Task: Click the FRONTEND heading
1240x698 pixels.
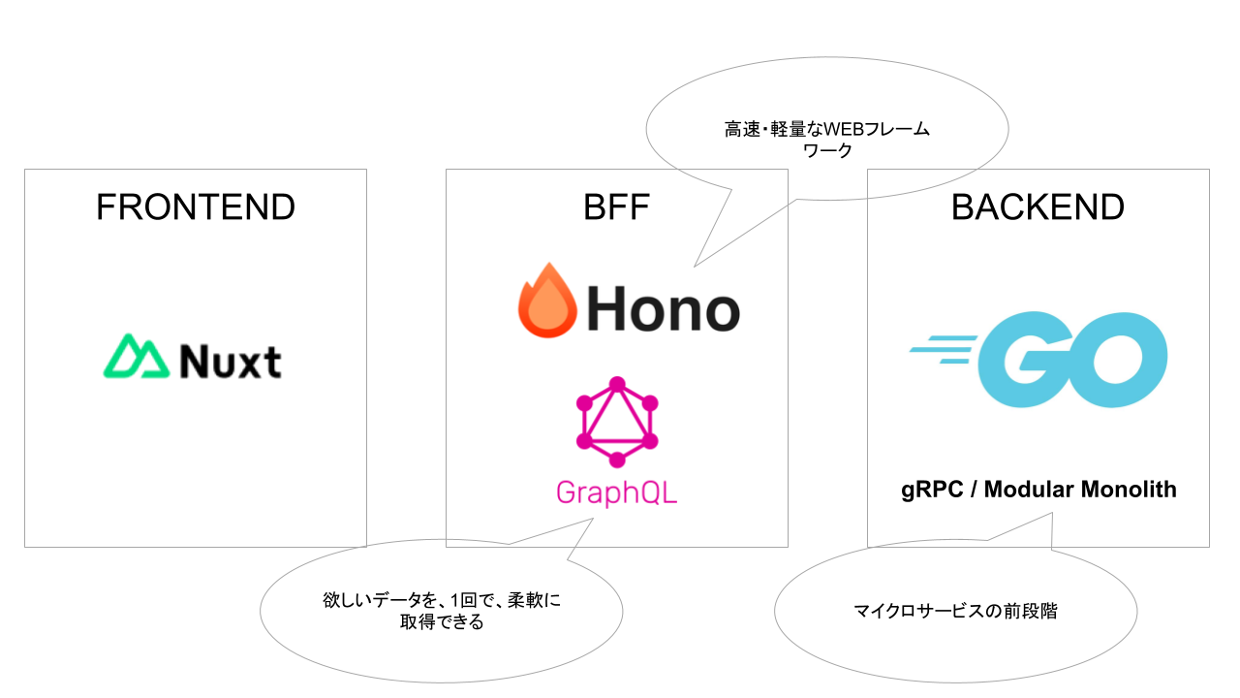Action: pyautogui.click(x=195, y=206)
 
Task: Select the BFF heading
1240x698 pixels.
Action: pyautogui.click(x=616, y=206)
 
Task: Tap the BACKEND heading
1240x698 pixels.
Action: pyautogui.click(x=1038, y=206)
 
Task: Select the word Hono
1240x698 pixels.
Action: pyautogui.click(x=663, y=309)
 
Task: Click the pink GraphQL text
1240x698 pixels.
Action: pyautogui.click(x=616, y=492)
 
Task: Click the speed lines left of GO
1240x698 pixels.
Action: pyautogui.click(x=942, y=349)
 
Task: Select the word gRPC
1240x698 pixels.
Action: pyautogui.click(x=931, y=490)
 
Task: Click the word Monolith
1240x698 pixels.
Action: pyautogui.click(x=1131, y=490)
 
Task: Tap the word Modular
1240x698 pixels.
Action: pyautogui.click(x=1031, y=490)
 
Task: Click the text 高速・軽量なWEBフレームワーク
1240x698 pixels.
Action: pyautogui.click(x=826, y=140)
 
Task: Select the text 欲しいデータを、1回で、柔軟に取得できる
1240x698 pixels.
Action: pyautogui.click(x=441, y=611)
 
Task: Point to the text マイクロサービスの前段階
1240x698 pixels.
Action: pyautogui.click(x=955, y=612)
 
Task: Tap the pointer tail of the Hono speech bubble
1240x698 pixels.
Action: pyautogui.click(x=717, y=242)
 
